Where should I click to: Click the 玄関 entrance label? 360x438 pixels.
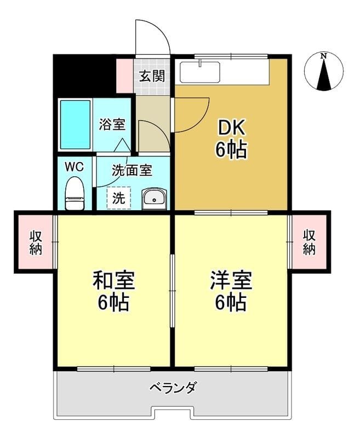pyautogui.click(x=152, y=76)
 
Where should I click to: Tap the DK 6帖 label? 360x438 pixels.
pyautogui.click(x=231, y=139)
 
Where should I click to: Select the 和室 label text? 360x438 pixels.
pyautogui.click(x=114, y=280)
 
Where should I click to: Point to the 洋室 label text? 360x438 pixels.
pyautogui.click(x=231, y=280)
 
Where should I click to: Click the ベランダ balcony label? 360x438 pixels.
pyautogui.click(x=173, y=388)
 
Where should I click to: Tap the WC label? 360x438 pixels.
pyautogui.click(x=74, y=167)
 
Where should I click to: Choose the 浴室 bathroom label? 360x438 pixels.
pyautogui.click(x=112, y=125)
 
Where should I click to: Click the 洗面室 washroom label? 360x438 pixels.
pyautogui.click(x=132, y=170)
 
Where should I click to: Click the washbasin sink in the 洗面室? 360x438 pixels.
pyautogui.click(x=155, y=199)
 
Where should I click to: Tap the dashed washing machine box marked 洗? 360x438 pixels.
pyautogui.click(x=119, y=198)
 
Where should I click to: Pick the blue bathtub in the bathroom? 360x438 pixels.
pyautogui.click(x=76, y=125)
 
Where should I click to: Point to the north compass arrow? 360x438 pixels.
pyautogui.click(x=324, y=74)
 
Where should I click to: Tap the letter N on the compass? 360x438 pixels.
pyautogui.click(x=324, y=56)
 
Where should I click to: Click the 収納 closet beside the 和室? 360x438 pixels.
pyautogui.click(x=36, y=241)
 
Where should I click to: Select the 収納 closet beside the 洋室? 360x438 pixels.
pyautogui.click(x=309, y=241)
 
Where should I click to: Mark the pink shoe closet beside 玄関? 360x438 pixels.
pyautogui.click(x=124, y=76)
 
